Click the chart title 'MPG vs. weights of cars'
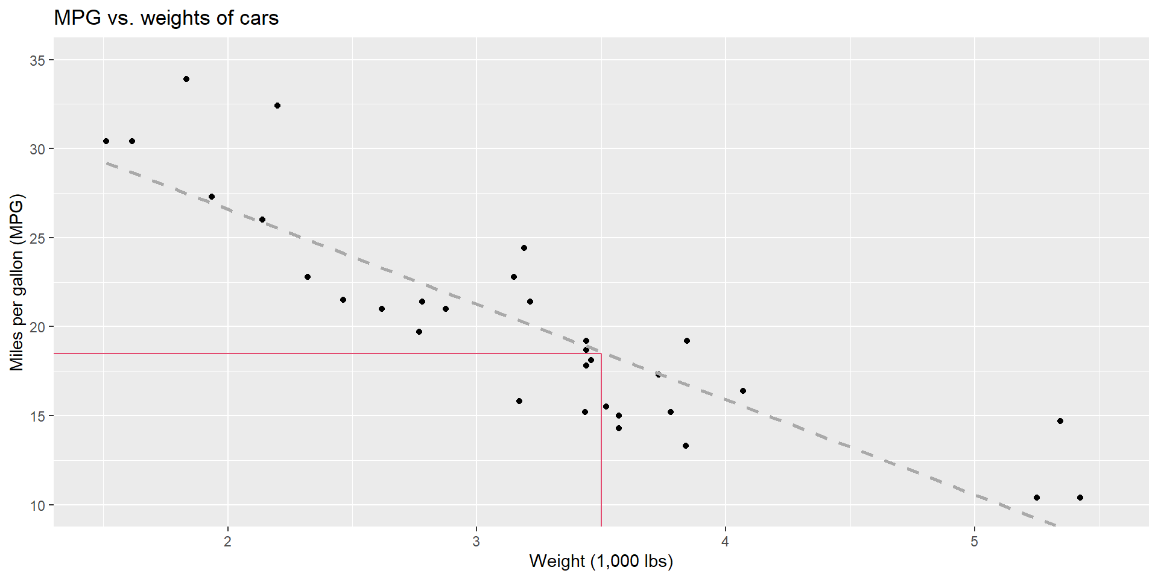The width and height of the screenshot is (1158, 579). click(166, 18)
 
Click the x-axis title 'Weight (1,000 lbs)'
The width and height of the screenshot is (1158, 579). click(601, 561)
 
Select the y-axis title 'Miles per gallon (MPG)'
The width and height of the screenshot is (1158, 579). click(16, 282)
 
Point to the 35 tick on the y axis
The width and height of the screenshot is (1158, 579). click(37, 60)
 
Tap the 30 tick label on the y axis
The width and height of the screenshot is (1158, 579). click(37, 149)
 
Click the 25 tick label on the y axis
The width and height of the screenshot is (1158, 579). click(37, 238)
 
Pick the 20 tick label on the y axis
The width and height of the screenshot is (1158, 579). click(37, 327)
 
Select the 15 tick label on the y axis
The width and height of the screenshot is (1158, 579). click(37, 416)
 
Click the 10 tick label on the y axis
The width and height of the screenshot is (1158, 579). click(37, 505)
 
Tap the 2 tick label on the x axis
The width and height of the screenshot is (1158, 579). click(227, 541)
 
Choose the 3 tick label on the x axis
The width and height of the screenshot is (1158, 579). click(476, 541)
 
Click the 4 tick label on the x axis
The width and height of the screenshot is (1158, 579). click(725, 541)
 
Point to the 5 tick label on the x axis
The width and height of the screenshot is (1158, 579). click(974, 541)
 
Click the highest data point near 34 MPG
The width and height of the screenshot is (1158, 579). click(186, 79)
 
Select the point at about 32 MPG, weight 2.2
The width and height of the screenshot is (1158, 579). click(277, 106)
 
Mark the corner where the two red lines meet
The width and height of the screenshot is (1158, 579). click(601, 353)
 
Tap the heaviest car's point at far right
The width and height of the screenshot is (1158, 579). click(1080, 498)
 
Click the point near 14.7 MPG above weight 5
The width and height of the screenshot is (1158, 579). click(1060, 421)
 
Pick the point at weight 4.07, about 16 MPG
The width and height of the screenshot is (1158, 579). click(743, 391)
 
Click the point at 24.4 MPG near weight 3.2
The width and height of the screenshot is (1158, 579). click(524, 248)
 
